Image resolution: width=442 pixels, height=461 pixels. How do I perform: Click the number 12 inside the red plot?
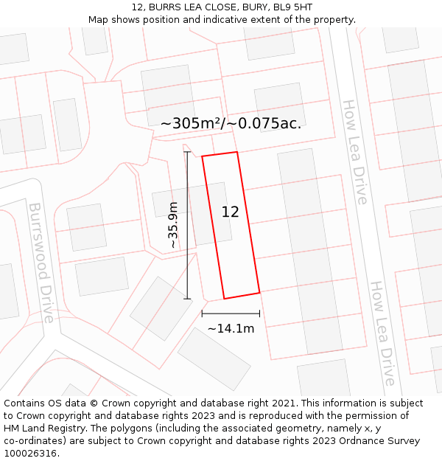[x=230, y=212]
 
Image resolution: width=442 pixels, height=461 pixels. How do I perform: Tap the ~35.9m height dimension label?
[x=173, y=225]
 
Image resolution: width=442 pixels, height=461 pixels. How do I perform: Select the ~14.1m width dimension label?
[x=231, y=328]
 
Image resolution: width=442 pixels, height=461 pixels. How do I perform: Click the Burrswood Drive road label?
[x=41, y=263]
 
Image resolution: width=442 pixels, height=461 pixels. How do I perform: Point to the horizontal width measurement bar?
[x=231, y=313]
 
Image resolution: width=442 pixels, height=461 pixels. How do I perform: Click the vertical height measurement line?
[x=187, y=225]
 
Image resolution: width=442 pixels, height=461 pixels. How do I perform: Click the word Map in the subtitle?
[x=99, y=19]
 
